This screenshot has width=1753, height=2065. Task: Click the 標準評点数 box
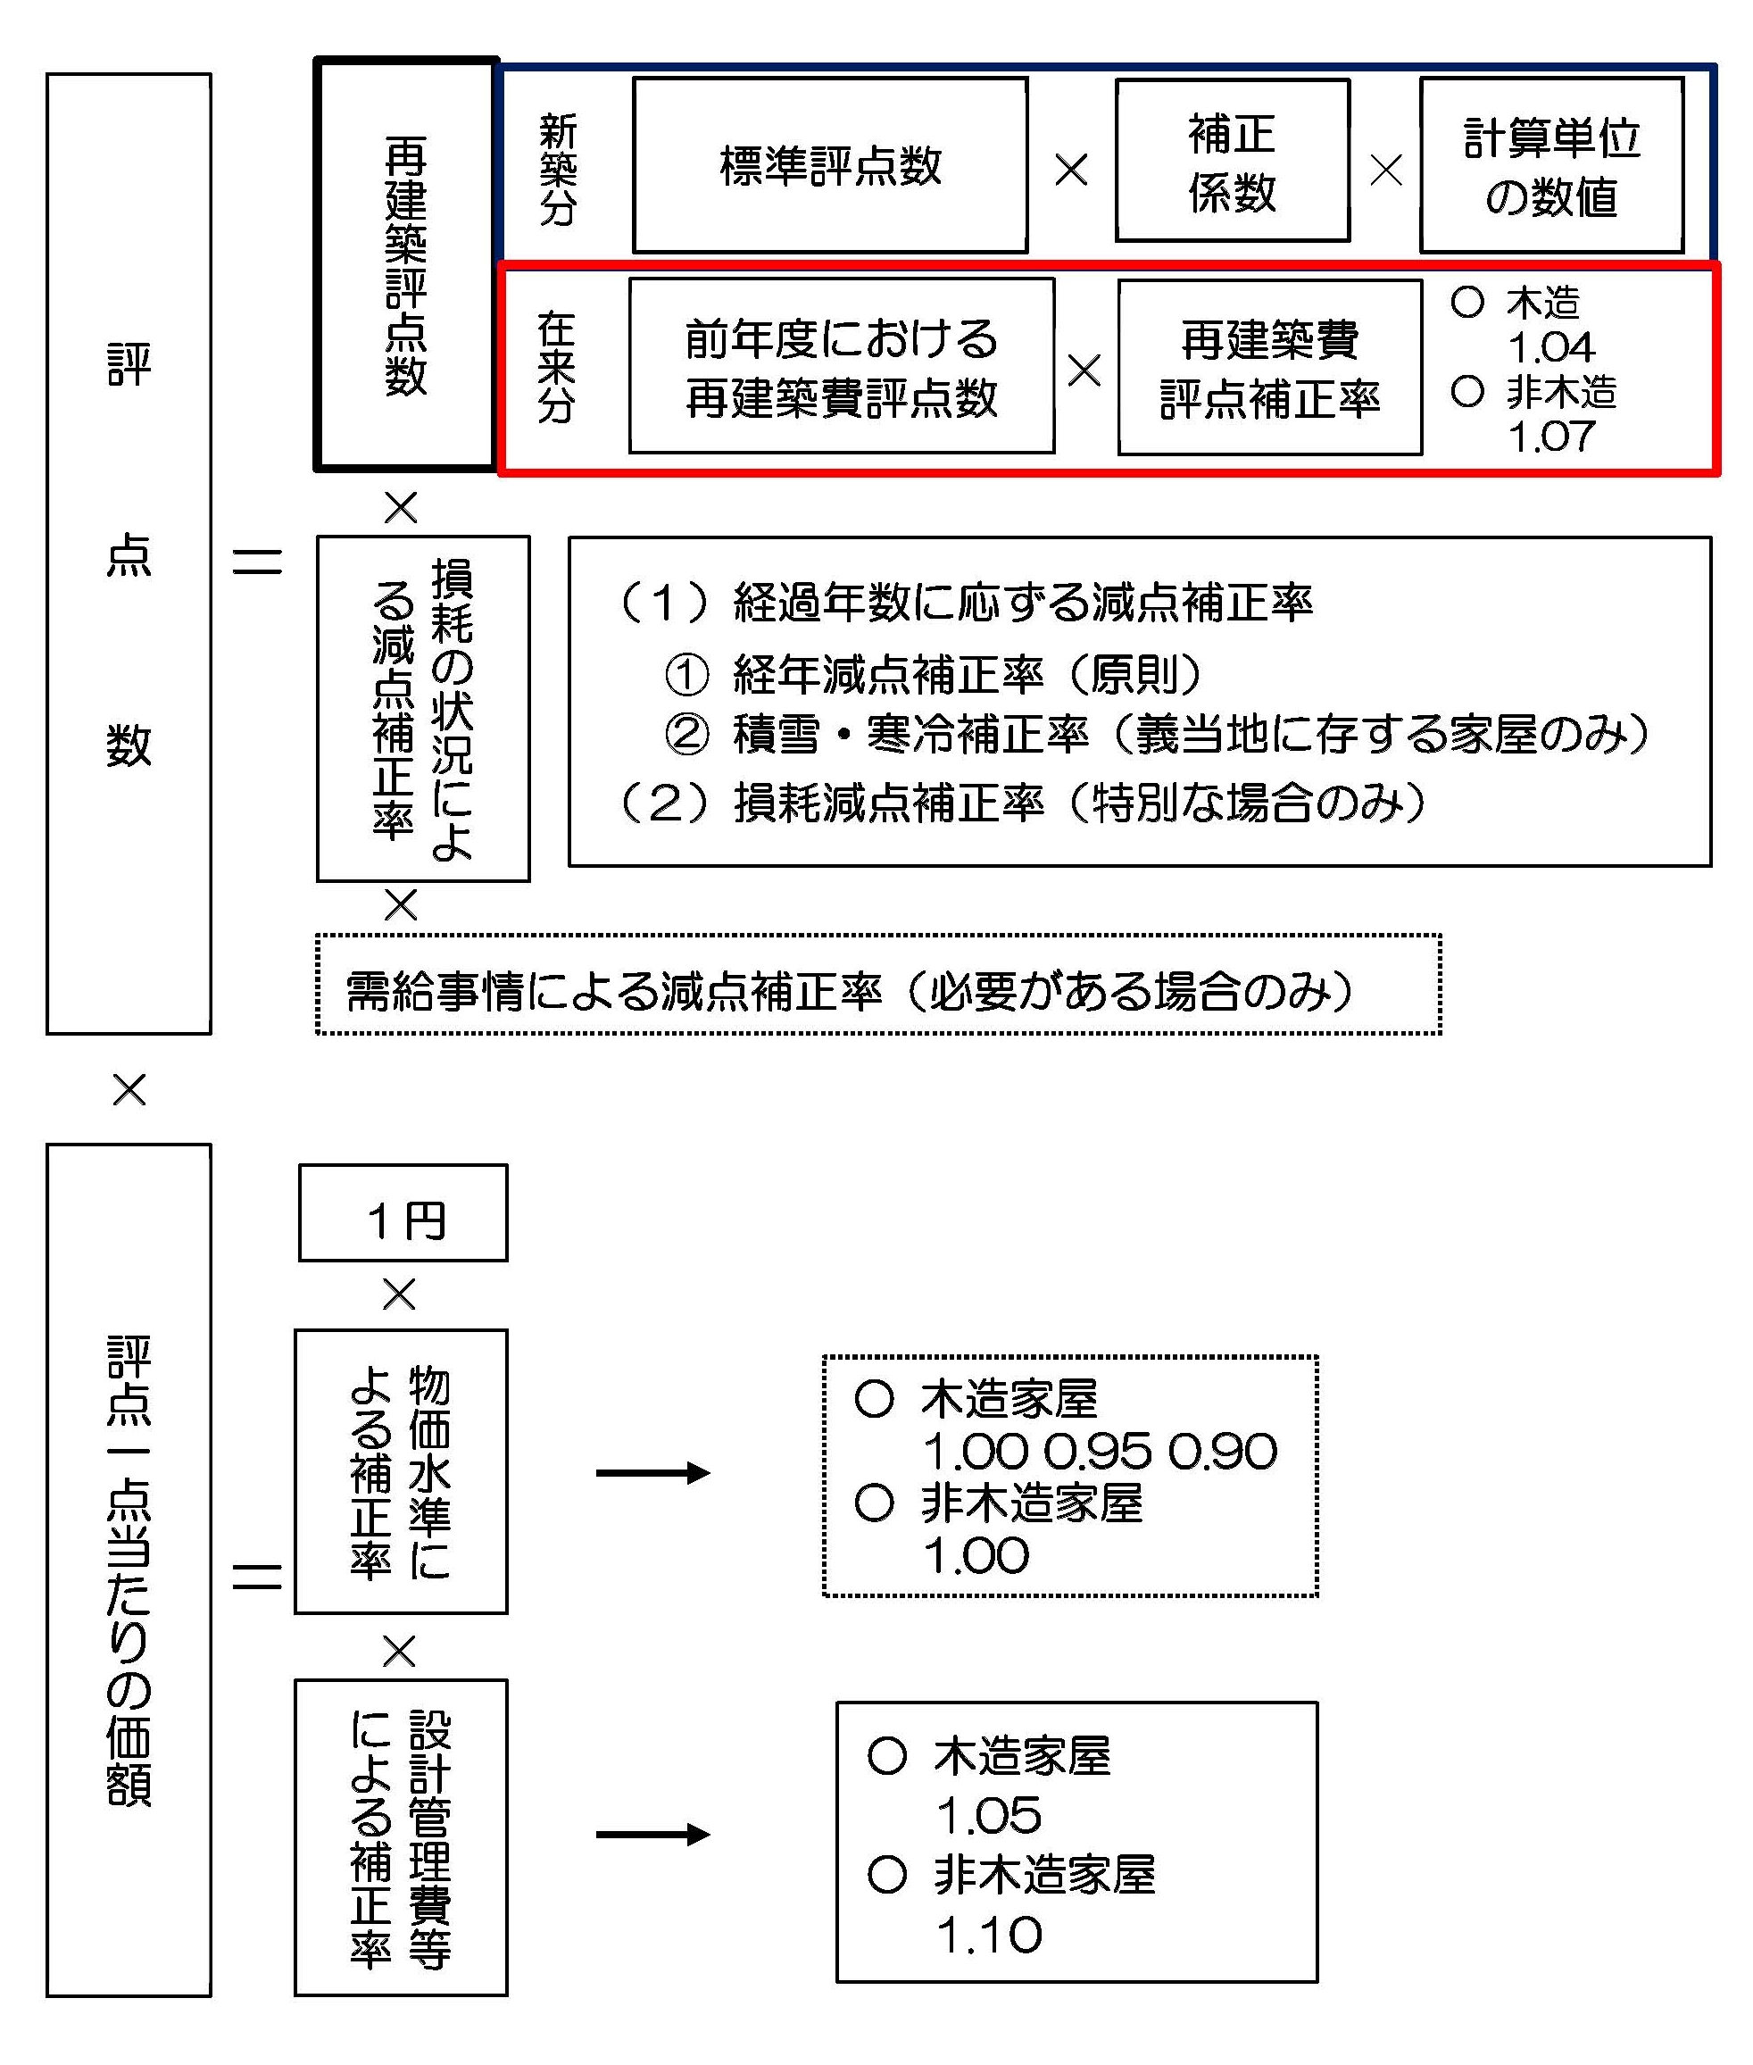coord(830,165)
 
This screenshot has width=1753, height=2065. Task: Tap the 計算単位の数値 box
coord(1550,165)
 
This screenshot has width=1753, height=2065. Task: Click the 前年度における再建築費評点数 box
coord(841,367)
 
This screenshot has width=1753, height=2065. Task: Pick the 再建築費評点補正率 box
coord(1269,368)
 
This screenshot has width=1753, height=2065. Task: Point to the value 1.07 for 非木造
coord(1550,437)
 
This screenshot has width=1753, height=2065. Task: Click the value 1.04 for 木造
coord(1550,346)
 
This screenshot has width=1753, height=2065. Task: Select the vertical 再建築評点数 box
coord(405,264)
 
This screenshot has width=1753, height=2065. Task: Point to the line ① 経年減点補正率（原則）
coord(935,675)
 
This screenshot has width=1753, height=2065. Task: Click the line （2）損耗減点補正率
coord(1024,803)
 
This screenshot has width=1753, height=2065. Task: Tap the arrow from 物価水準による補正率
coord(652,1473)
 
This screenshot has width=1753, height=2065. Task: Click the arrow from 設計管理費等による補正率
coord(652,1835)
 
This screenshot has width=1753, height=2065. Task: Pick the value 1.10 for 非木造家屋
coord(989,1935)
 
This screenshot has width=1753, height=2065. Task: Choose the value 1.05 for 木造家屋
coord(989,1816)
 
